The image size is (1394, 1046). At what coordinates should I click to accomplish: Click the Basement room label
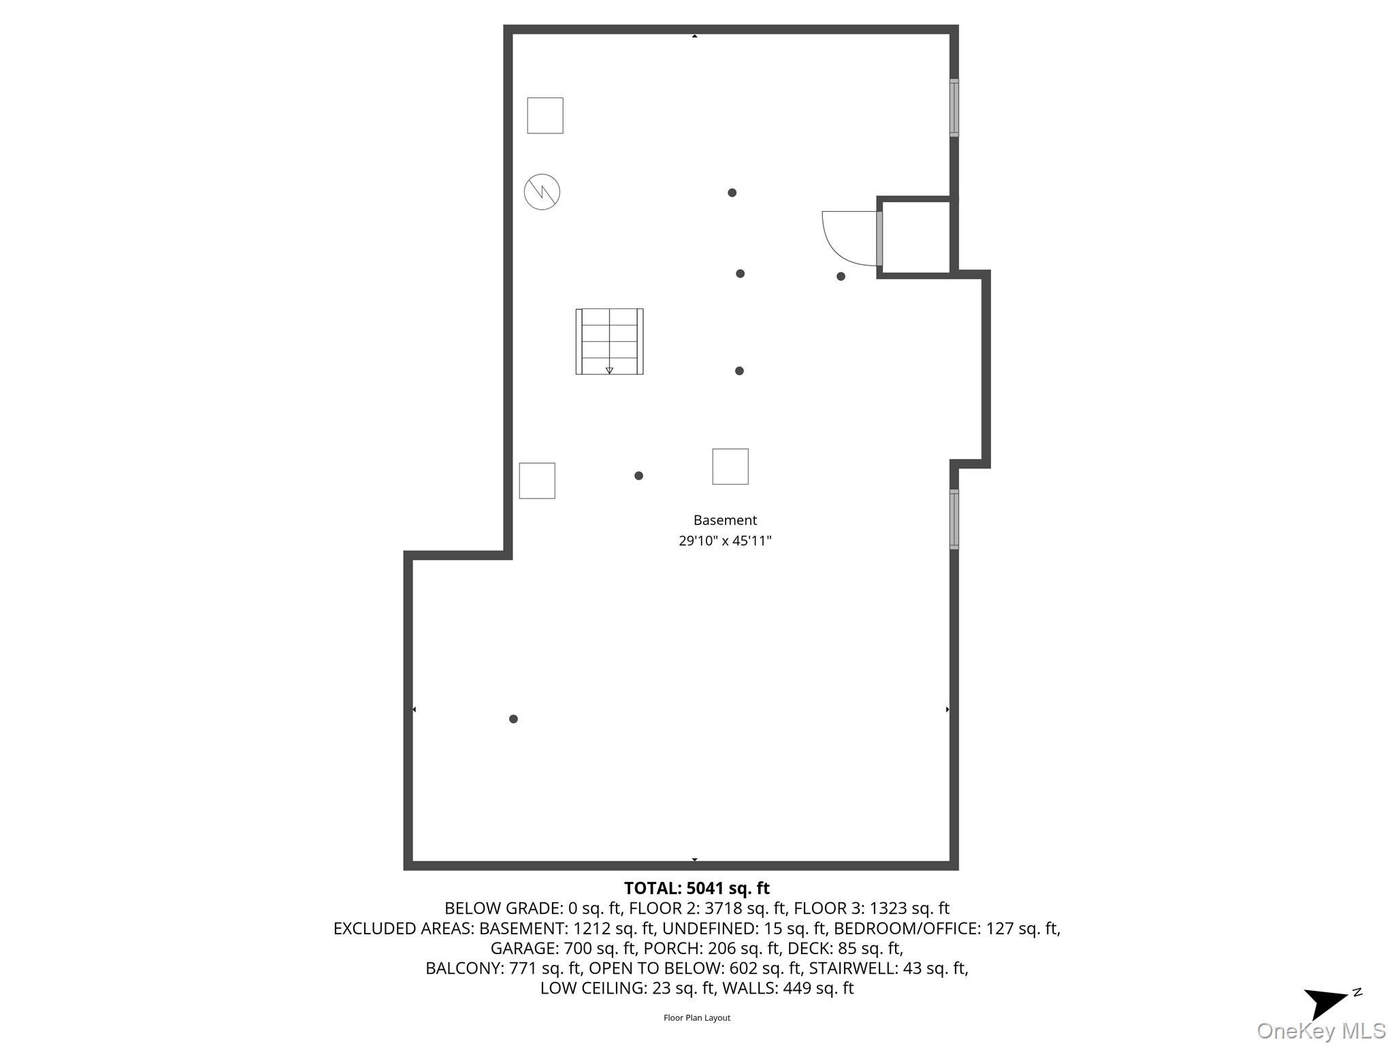tap(725, 520)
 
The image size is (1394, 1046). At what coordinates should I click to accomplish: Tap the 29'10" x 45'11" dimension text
tap(725, 541)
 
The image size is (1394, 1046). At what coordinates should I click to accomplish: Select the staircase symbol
tap(609, 341)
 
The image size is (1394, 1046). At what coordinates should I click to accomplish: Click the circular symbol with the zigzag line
tap(542, 192)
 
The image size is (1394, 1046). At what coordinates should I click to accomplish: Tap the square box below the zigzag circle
tap(537, 481)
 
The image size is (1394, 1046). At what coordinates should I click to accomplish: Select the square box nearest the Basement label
tap(730, 466)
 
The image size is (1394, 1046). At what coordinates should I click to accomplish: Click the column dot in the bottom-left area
tap(513, 719)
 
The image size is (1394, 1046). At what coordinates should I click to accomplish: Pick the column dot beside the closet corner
tap(841, 276)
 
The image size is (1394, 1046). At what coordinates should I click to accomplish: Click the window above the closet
tap(954, 108)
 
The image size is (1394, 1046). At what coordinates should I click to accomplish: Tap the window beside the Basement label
tap(954, 519)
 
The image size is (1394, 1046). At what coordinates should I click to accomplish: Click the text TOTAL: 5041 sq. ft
tap(696, 888)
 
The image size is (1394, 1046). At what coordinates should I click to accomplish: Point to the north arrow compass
tap(1328, 1002)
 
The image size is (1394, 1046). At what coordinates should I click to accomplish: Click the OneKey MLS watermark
tap(1321, 1031)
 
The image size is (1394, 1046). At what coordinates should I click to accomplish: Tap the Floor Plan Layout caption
tap(696, 1017)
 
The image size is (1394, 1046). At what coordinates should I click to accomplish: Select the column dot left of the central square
tap(638, 476)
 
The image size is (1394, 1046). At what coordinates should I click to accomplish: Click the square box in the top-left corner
tap(545, 116)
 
